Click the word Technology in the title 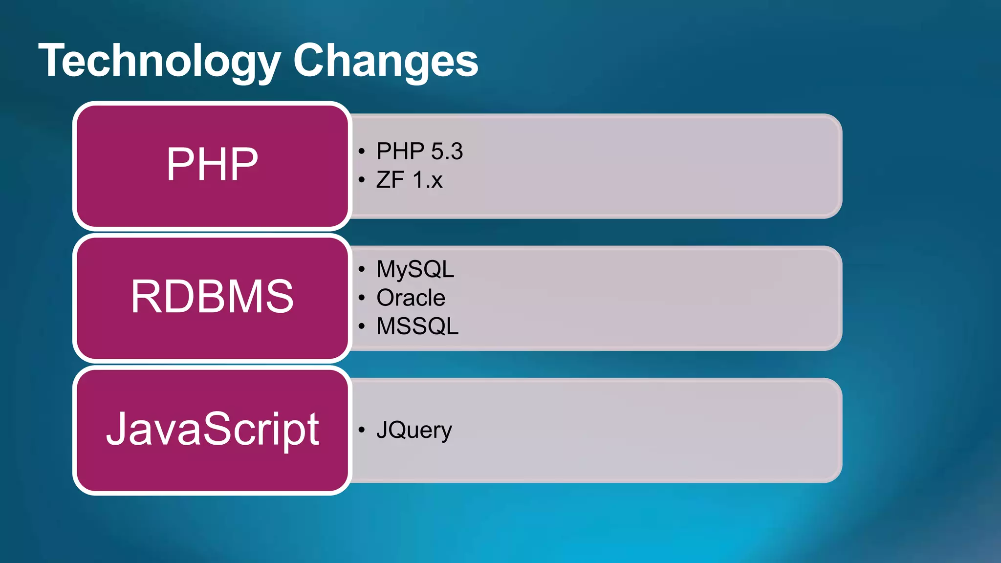pyautogui.click(x=159, y=61)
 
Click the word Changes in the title pyautogui.click(x=385, y=61)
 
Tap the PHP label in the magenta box pyautogui.click(x=212, y=165)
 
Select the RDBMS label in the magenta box pyautogui.click(x=212, y=297)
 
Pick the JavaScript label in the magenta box pyautogui.click(x=212, y=429)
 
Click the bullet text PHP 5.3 pyautogui.click(x=419, y=152)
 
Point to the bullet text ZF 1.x pyautogui.click(x=409, y=180)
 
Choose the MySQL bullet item pyautogui.click(x=415, y=269)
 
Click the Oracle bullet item pyautogui.click(x=411, y=298)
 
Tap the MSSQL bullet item pyautogui.click(x=417, y=326)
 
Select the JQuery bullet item pyautogui.click(x=414, y=430)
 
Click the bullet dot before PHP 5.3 pyautogui.click(x=361, y=152)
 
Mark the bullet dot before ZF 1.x pyautogui.click(x=361, y=180)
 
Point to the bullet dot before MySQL pyautogui.click(x=361, y=269)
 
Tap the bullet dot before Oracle pyautogui.click(x=361, y=298)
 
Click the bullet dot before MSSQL pyautogui.click(x=361, y=326)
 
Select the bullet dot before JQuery pyautogui.click(x=361, y=430)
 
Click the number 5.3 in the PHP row pyautogui.click(x=447, y=152)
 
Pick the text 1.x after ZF pyautogui.click(x=428, y=180)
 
